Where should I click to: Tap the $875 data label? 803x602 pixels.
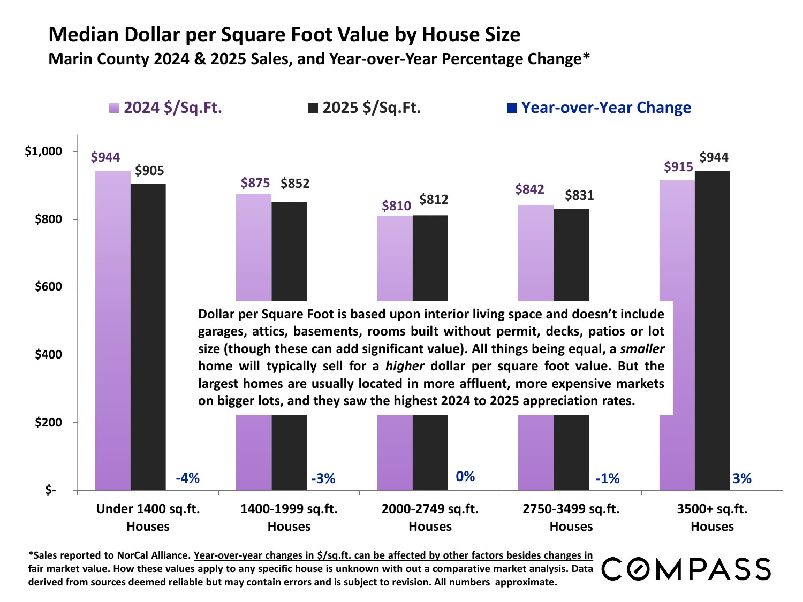(255, 183)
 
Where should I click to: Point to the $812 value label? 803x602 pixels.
(434, 200)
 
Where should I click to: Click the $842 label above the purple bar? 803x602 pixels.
(529, 189)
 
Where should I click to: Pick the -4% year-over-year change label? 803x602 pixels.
(187, 478)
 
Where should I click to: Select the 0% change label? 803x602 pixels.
(465, 476)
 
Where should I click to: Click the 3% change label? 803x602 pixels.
(742, 478)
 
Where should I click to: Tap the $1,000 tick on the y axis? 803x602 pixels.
(44, 151)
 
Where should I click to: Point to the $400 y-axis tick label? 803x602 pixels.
(49, 355)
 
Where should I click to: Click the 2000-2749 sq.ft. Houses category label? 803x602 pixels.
(430, 517)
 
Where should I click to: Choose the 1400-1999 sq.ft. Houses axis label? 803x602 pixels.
(289, 517)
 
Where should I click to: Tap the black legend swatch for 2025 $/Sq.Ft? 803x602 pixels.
(313, 108)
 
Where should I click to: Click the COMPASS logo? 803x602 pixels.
(686, 569)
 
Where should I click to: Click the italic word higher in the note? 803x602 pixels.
(405, 366)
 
